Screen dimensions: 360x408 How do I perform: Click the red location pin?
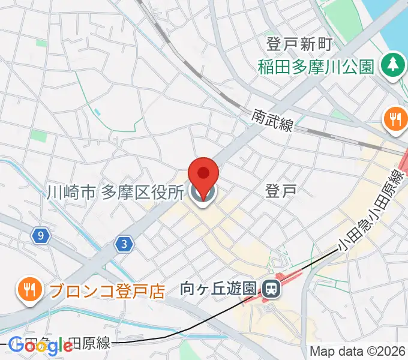tap(203, 174)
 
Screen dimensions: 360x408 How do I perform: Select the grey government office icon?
tap(203, 193)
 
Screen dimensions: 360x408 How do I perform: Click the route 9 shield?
tap(40, 236)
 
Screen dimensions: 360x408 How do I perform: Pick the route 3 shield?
tap(124, 244)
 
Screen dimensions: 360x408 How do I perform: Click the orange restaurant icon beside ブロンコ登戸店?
tap(28, 290)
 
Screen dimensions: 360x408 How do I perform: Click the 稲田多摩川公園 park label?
tap(316, 65)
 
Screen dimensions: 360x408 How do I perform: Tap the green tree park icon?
tap(392, 64)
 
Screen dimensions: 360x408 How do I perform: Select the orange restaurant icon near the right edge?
tap(395, 119)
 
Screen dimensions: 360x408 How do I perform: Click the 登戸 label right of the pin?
tap(281, 191)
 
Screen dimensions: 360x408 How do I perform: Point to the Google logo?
tap(41, 346)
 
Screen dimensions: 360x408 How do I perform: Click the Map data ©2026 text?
tap(357, 352)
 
